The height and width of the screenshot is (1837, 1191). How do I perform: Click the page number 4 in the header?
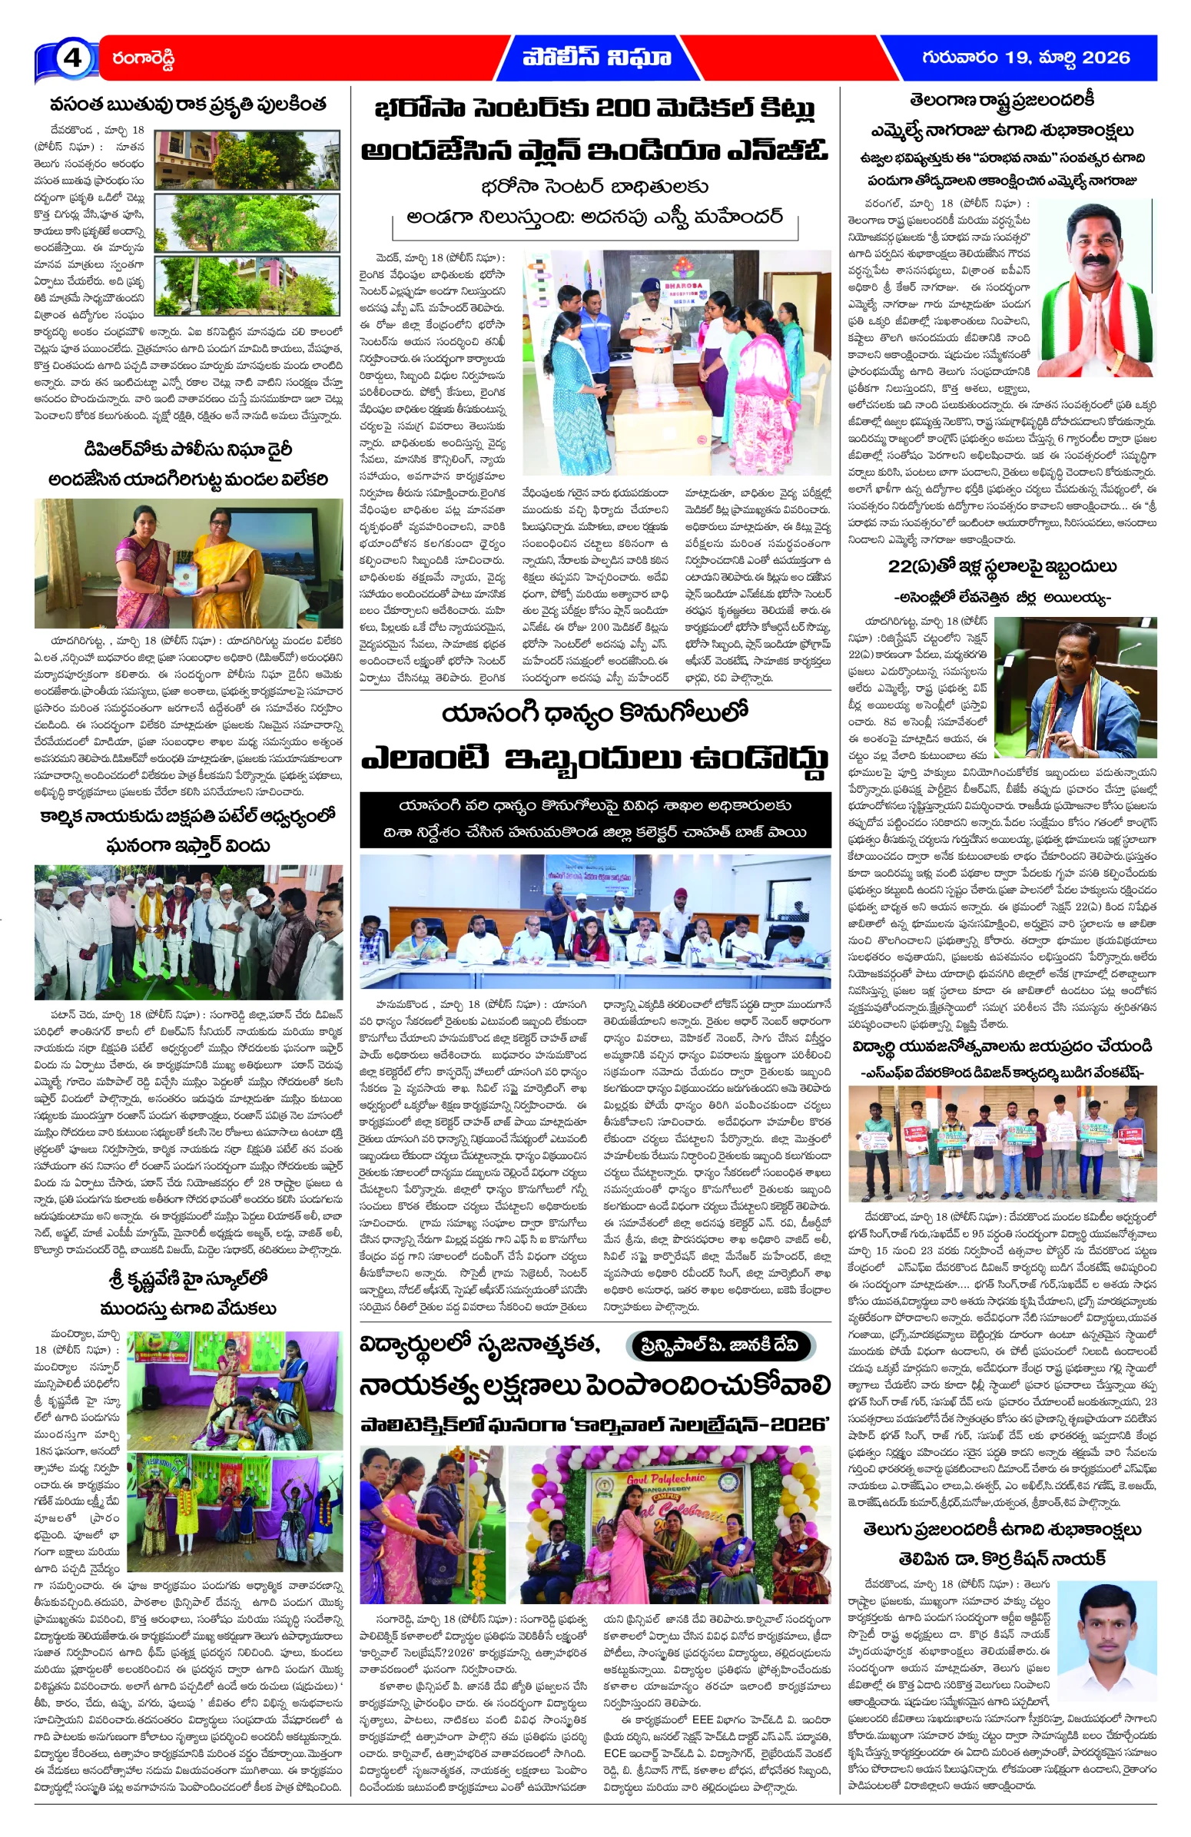pos(71,58)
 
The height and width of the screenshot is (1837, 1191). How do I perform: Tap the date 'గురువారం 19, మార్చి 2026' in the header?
pos(1025,57)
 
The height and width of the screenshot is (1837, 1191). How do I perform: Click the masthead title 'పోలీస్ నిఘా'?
pos(596,57)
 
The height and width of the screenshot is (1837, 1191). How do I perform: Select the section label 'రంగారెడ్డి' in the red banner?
pos(143,58)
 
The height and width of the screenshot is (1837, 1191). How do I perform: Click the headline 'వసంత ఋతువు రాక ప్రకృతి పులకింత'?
pos(187,104)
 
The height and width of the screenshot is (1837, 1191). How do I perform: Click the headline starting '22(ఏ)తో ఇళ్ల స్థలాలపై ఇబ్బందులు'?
pos(1001,566)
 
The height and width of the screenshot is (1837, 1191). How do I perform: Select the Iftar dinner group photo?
pos(188,932)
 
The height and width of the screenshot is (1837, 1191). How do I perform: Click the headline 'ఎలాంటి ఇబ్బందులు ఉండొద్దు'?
pos(595,758)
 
